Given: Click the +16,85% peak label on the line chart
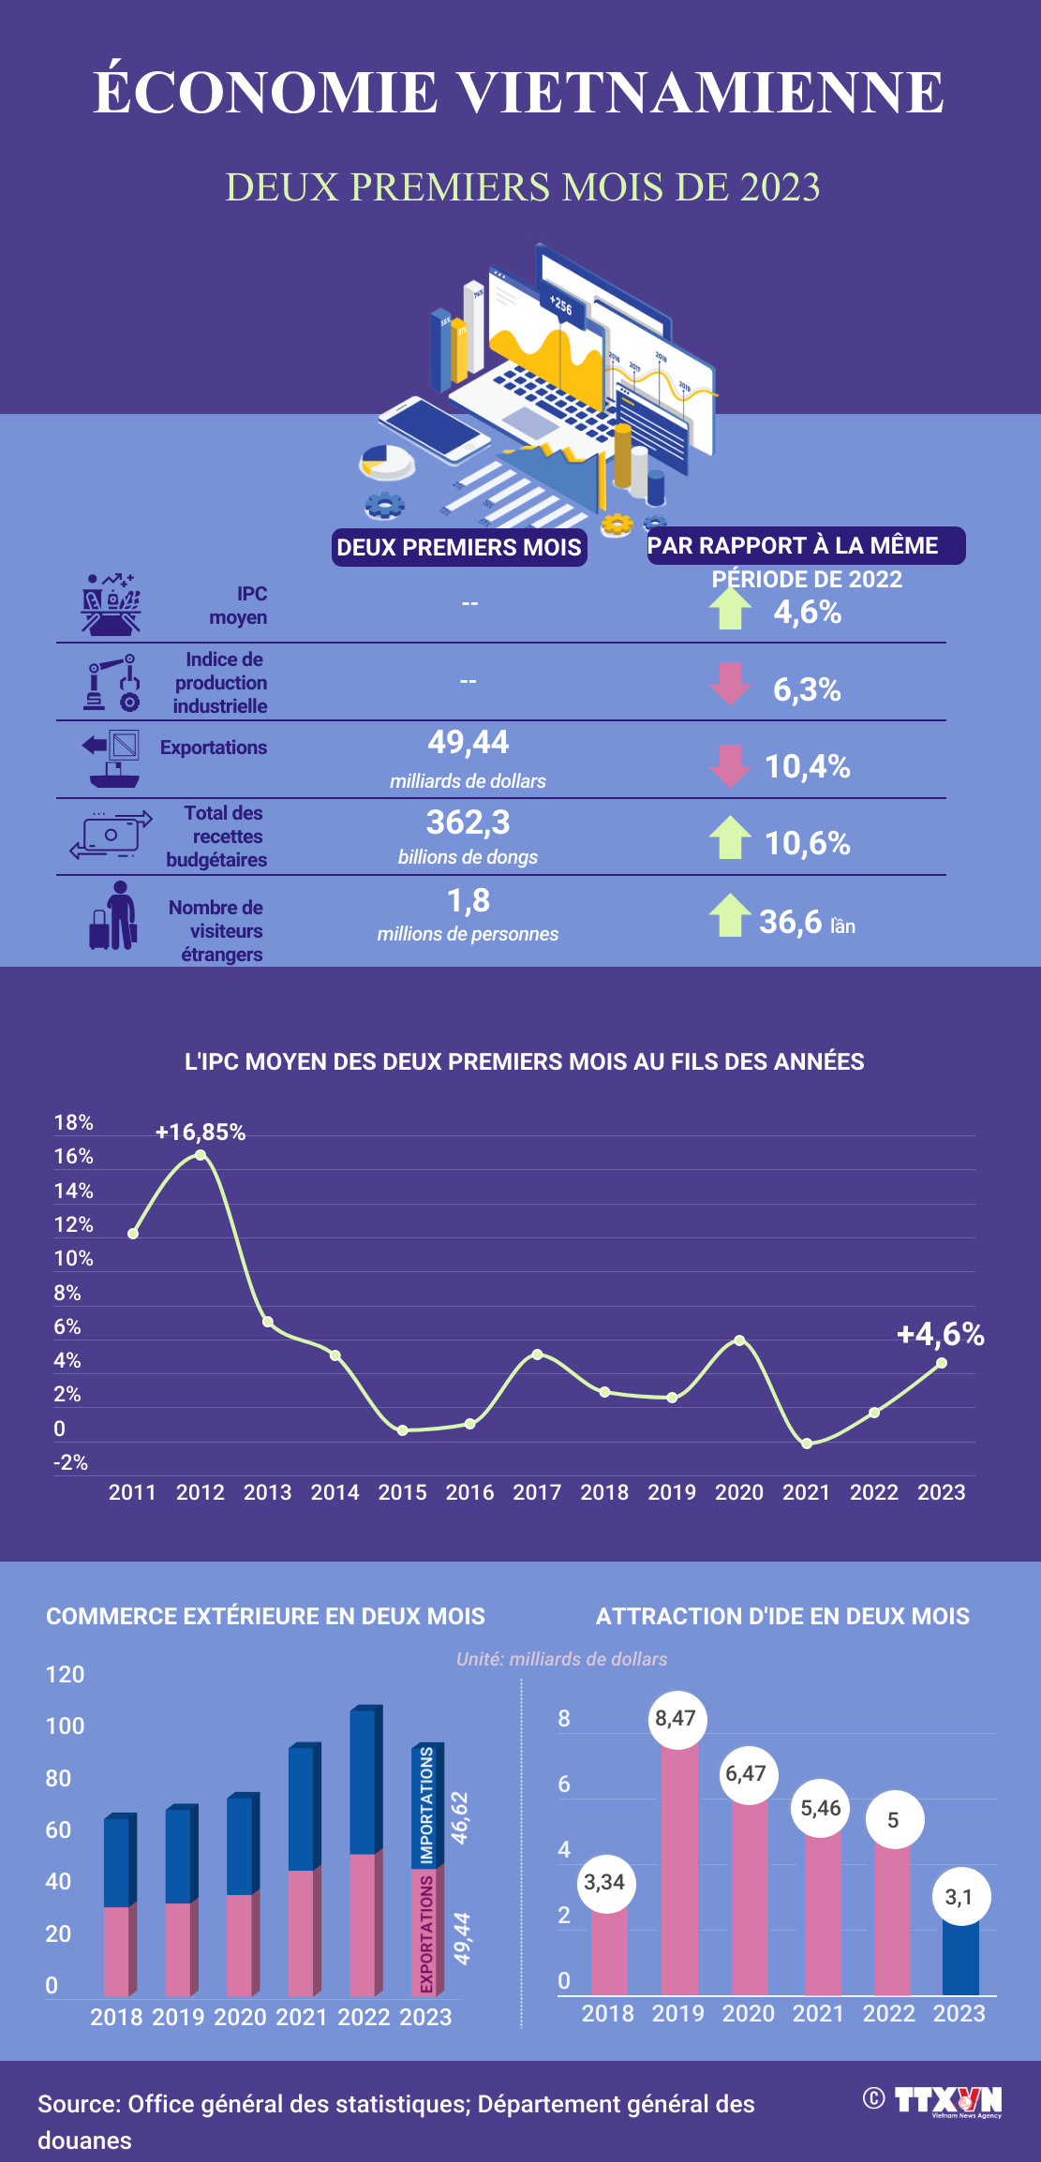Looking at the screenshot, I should (x=201, y=1132).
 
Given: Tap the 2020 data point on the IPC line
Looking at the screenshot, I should (x=739, y=1340).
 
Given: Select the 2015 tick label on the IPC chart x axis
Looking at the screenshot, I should (x=402, y=1492).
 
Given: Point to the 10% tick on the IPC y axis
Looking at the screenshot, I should (x=73, y=1258).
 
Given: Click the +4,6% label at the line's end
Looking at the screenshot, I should (x=940, y=1334).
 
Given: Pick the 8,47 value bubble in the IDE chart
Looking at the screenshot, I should (x=676, y=1718).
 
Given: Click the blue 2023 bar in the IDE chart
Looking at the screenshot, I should (x=959, y=1958).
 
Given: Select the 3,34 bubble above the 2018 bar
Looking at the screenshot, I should (x=604, y=1882).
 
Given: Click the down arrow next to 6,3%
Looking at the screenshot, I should (x=730, y=684).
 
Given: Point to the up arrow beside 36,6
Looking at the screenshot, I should (x=730, y=915).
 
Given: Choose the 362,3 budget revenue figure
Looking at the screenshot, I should (x=468, y=822).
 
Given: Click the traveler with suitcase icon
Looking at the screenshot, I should (x=113, y=916).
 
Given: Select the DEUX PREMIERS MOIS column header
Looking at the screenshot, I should (x=459, y=548).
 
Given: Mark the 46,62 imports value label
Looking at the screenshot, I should (x=459, y=1817).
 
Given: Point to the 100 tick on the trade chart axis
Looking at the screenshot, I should (x=65, y=1725).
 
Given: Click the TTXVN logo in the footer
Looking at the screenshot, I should (x=946, y=2101).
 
